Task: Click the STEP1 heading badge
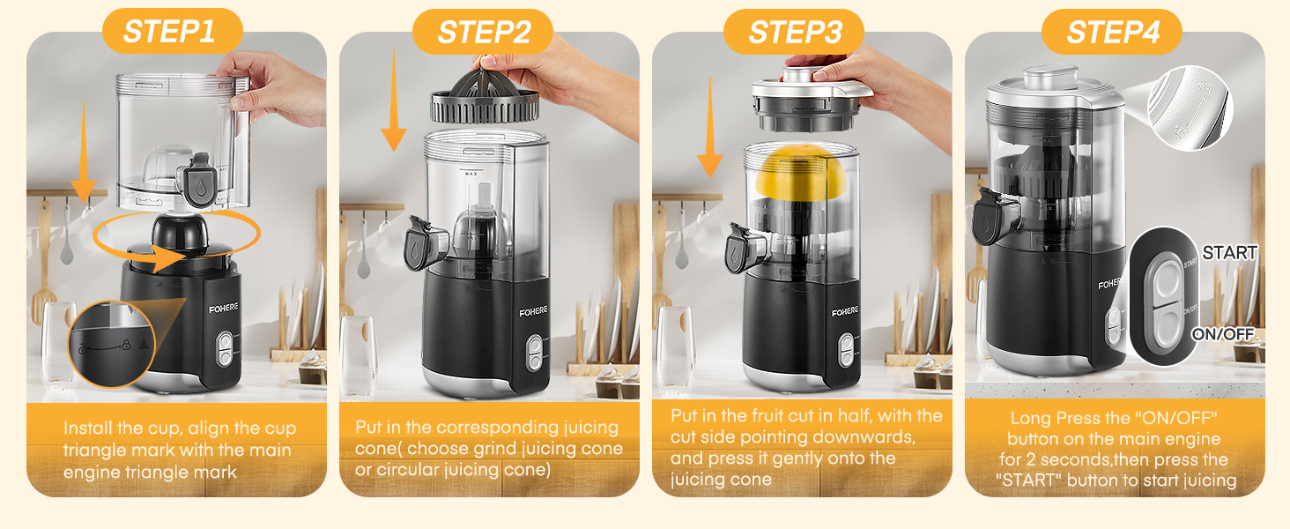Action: pyautogui.click(x=172, y=31)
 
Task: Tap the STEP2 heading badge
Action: pyautogui.click(x=483, y=32)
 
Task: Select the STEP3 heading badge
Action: pyautogui.click(x=794, y=32)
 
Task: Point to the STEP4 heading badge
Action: pyautogui.click(x=1111, y=32)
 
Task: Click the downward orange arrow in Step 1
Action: pyautogui.click(x=84, y=152)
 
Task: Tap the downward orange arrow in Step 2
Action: pyautogui.click(x=394, y=101)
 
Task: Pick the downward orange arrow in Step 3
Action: pyautogui.click(x=710, y=127)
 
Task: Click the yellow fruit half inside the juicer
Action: pyautogui.click(x=801, y=172)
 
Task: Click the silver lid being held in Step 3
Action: pyautogui.click(x=812, y=99)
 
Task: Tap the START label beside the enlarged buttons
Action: pyautogui.click(x=1229, y=252)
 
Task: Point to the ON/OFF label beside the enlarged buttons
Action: pyautogui.click(x=1223, y=334)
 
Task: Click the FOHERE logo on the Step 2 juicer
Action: pyautogui.click(x=533, y=312)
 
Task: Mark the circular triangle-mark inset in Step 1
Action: pyautogui.click(x=112, y=344)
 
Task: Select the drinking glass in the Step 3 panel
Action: pyautogui.click(x=676, y=348)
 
